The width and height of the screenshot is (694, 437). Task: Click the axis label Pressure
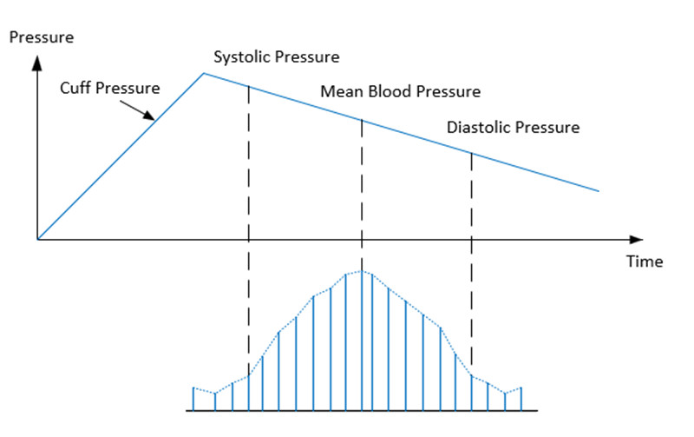coord(41,37)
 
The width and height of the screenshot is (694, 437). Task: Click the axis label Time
coord(645,262)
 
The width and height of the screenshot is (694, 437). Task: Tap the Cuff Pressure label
coord(110,88)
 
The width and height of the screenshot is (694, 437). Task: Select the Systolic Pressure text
coord(277,57)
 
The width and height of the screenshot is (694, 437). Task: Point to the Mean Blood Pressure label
coord(400,91)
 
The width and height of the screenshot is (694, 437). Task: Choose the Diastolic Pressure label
coord(513,128)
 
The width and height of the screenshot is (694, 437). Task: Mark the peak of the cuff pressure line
coord(203,73)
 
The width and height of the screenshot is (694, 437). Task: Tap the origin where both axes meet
coord(37,238)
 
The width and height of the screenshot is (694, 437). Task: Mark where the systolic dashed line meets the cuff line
coord(249,86)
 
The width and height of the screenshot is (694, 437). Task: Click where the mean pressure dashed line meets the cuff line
coord(362,121)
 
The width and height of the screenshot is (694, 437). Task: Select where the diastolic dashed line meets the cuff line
coord(472,154)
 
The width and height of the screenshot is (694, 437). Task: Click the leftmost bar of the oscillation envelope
coord(193,399)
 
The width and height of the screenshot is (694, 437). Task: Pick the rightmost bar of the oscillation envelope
coord(520,399)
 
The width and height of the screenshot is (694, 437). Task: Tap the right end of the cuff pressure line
coord(599,191)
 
